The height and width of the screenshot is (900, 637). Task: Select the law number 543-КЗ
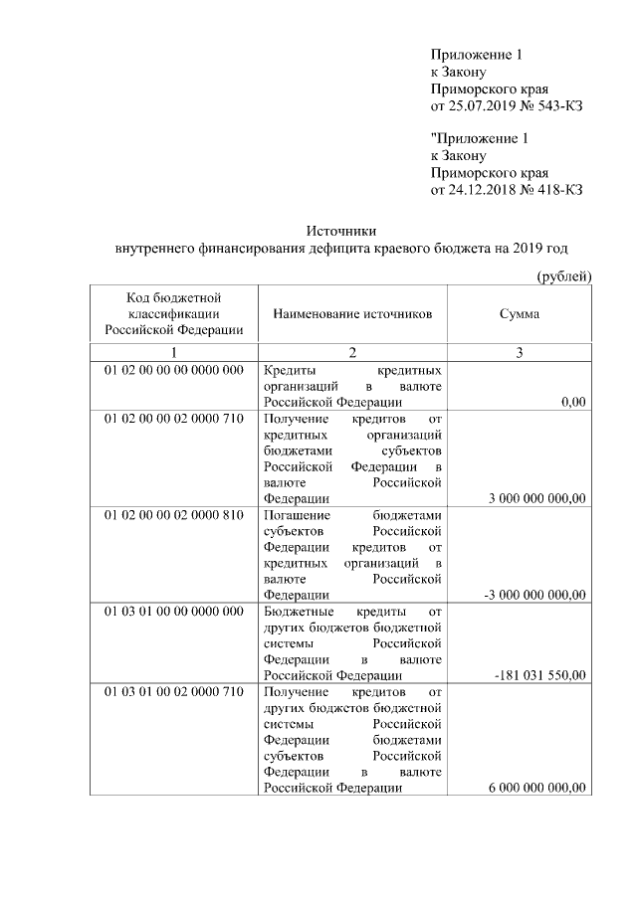point(553,106)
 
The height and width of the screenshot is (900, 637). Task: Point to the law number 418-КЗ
point(553,190)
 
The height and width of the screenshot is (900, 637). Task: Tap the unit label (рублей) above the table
point(564,275)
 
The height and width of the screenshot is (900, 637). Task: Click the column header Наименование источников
point(352,313)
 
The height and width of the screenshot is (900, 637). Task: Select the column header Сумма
point(520,313)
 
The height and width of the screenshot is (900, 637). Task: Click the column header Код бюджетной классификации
point(173,313)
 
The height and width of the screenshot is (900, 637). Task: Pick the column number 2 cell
point(352,352)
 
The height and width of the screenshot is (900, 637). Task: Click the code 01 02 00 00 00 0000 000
point(173,370)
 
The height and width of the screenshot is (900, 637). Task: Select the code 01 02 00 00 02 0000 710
point(173,419)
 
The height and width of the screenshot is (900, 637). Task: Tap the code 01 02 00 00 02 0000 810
point(173,515)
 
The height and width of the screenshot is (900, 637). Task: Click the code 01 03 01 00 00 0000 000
point(173,612)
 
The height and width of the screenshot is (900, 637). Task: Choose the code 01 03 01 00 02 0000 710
point(173,691)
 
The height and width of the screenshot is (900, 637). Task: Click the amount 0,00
point(573,402)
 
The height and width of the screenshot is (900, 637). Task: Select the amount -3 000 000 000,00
point(534,595)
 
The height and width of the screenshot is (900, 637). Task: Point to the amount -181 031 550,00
point(540,675)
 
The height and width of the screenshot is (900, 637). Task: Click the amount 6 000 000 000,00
point(536,788)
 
